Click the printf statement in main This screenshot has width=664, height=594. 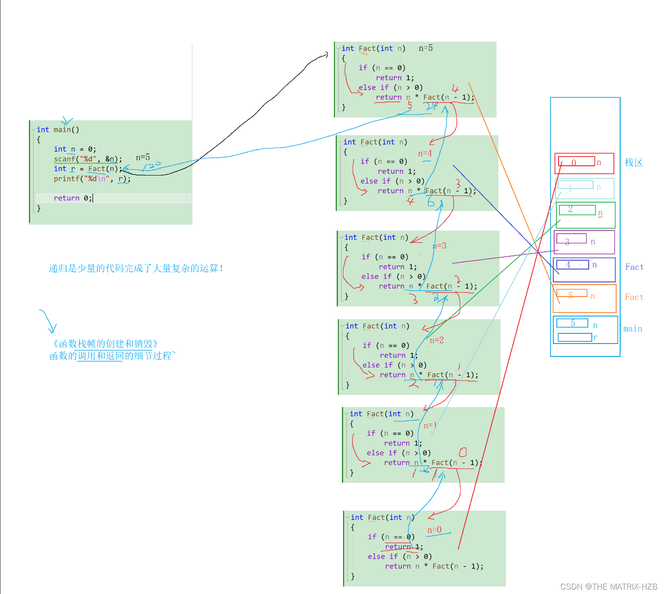coord(92,179)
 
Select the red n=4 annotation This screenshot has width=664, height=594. coord(425,153)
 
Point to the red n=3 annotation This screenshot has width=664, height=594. coord(439,246)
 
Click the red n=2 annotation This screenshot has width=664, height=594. coord(437,340)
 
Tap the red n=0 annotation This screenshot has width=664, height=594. coord(434,530)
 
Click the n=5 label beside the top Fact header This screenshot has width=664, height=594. coord(426,48)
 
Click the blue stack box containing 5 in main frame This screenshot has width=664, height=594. coord(572,323)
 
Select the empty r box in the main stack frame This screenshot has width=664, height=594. coord(575,337)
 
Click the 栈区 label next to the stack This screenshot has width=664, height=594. coord(633,163)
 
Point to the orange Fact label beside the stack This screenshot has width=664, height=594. coord(634,297)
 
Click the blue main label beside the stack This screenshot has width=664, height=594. coord(633,328)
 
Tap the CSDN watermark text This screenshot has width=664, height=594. coord(609,586)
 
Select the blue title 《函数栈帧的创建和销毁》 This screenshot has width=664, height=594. coord(105,344)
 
